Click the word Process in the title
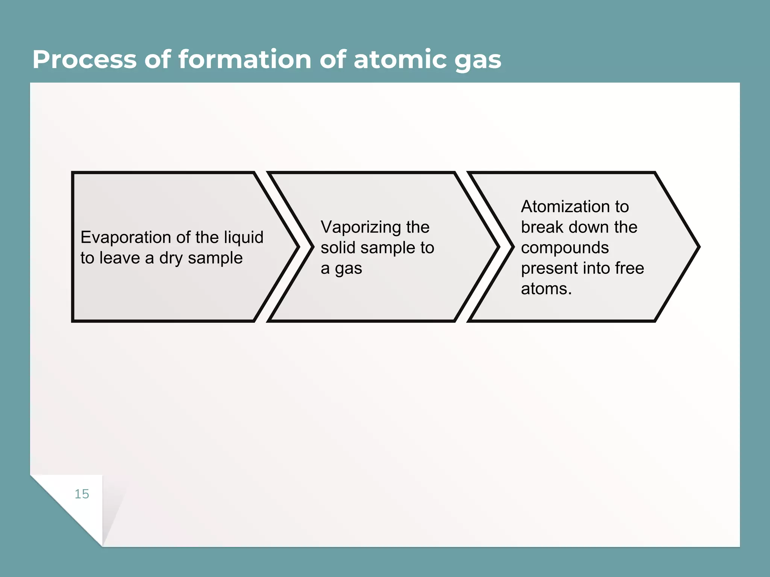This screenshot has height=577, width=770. [84, 59]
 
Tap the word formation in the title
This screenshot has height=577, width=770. [244, 59]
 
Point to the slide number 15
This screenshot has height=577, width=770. [82, 494]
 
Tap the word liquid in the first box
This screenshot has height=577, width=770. [244, 237]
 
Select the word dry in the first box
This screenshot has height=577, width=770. [171, 258]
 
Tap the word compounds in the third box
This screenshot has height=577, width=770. [565, 248]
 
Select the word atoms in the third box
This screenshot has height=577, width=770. [546, 289]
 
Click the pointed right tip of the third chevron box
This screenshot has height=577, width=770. [698, 247]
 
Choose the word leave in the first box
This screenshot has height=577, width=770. [119, 258]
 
